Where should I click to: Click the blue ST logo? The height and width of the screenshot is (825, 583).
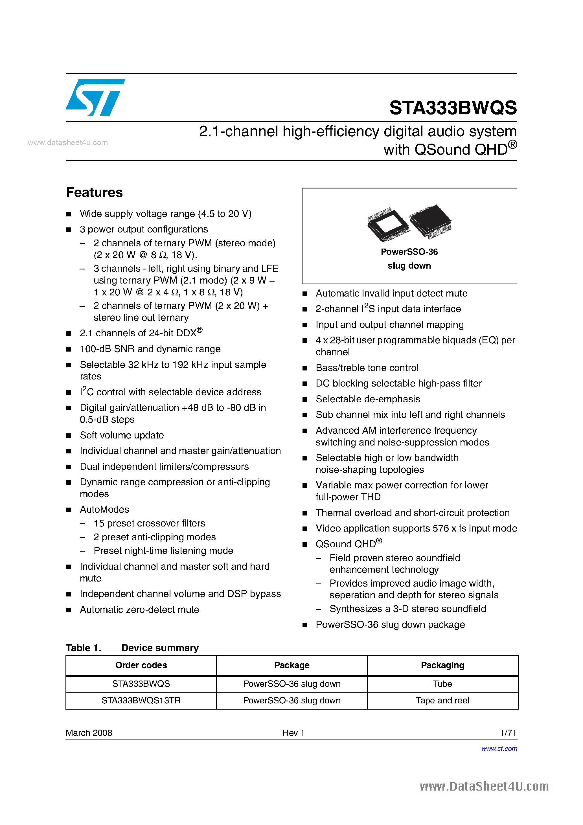click(x=95, y=97)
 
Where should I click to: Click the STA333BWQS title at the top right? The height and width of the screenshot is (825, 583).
click(x=453, y=108)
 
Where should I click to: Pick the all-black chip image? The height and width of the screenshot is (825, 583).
click(x=431, y=221)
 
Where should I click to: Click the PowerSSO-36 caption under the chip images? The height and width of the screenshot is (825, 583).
click(x=409, y=252)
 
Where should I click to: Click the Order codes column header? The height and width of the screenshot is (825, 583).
click(x=141, y=665)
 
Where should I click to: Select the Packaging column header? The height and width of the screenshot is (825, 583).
click(x=442, y=665)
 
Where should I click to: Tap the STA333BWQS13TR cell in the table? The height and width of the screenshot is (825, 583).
click(x=141, y=700)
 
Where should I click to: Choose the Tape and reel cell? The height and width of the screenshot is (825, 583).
click(x=442, y=700)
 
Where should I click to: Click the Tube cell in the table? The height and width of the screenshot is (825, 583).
click(x=442, y=684)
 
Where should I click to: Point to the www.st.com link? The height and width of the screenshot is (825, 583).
click(x=499, y=749)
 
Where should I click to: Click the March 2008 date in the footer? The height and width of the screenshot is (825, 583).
click(x=89, y=733)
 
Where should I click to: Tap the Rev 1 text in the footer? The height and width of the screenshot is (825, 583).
click(x=293, y=733)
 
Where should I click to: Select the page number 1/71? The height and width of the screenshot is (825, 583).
click(x=508, y=733)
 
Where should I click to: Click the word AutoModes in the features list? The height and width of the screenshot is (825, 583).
click(x=104, y=510)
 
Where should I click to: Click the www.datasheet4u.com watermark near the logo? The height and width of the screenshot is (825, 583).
click(x=67, y=143)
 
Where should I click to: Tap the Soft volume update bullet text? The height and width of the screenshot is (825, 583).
click(x=122, y=435)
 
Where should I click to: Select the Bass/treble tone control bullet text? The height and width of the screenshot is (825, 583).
click(x=367, y=368)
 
